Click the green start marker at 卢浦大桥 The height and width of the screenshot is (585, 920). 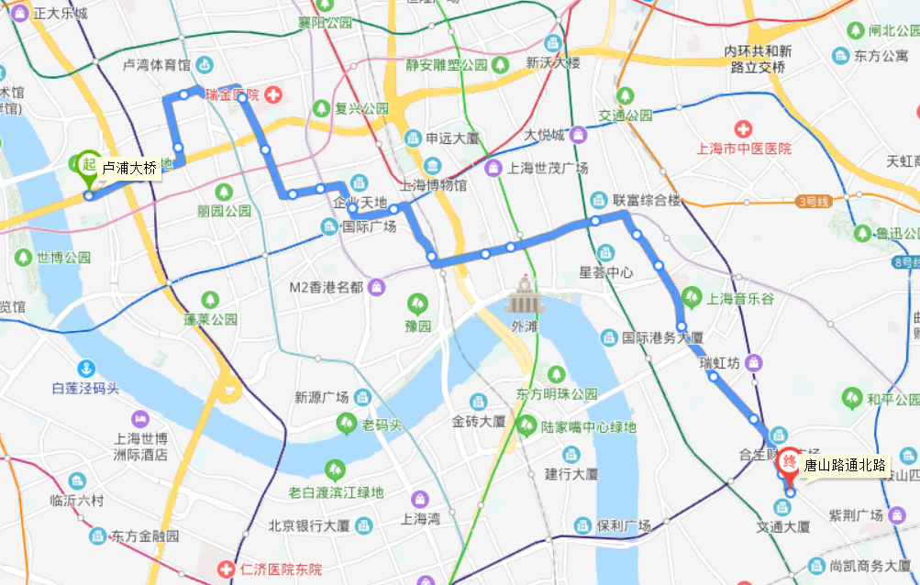[x=88, y=166]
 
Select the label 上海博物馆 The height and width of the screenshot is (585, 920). [x=434, y=185]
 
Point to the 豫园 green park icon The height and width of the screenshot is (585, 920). [x=418, y=302]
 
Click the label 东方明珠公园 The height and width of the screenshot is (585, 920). [x=557, y=394]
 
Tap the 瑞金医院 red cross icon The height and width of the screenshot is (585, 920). [x=273, y=94]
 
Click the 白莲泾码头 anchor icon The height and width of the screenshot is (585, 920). [x=85, y=369]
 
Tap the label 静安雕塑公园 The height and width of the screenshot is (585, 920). [x=446, y=65]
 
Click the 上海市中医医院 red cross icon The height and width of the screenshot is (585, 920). [x=743, y=128]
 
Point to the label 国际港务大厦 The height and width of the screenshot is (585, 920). [x=662, y=337]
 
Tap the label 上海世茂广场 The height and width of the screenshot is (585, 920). [x=548, y=168]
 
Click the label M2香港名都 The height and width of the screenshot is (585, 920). [x=326, y=287]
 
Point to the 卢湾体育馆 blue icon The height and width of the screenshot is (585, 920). [x=204, y=65]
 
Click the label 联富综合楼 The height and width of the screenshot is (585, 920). [x=648, y=199]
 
